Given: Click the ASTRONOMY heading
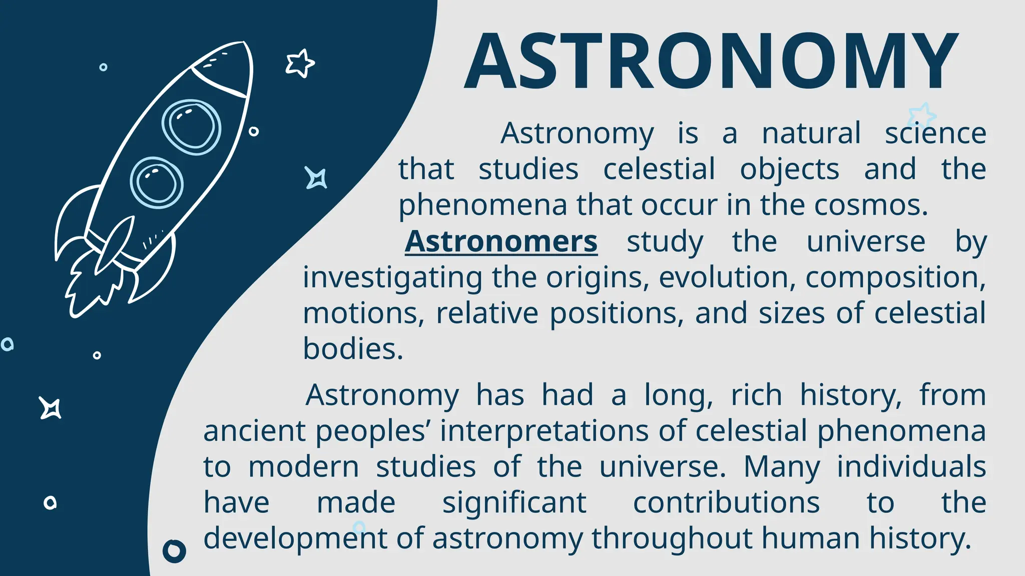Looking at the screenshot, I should click(x=711, y=61).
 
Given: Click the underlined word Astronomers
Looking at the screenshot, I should click(x=501, y=242).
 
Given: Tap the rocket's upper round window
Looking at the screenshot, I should click(x=191, y=126).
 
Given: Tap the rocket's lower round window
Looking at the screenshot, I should click(x=157, y=182).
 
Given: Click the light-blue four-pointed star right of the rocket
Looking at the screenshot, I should click(x=316, y=178).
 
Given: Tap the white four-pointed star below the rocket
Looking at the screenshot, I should click(x=51, y=408).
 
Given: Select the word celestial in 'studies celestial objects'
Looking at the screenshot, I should click(x=659, y=169).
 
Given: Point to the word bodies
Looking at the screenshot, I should click(x=352, y=349).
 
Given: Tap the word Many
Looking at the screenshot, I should click(x=782, y=467).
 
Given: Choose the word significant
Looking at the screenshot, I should click(x=514, y=503).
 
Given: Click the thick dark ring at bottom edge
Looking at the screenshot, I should click(x=174, y=551).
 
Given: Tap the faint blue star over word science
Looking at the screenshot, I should click(x=921, y=115).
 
